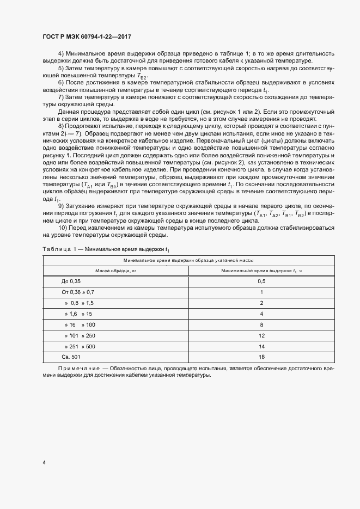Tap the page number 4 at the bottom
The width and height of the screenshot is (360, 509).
pyautogui.click(x=44, y=463)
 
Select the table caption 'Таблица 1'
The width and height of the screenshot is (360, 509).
pyautogui.click(x=57, y=249)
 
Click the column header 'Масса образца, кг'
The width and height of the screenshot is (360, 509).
pyautogui.click(x=116, y=270)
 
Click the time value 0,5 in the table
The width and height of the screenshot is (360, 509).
pyautogui.click(x=261, y=281)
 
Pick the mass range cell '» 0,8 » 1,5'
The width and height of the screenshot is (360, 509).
pyautogui.click(x=80, y=303)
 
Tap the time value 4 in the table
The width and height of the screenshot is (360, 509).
pyautogui.click(x=261, y=314)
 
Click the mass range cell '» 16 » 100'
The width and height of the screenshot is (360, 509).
pyautogui.click(x=80, y=324)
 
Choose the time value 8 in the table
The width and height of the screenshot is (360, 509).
pyautogui.click(x=261, y=324)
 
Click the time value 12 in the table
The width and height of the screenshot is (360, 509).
pyautogui.click(x=261, y=335)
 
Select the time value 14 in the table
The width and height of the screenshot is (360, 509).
pyautogui.click(x=261, y=346)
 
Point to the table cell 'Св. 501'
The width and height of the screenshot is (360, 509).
pyautogui.click(x=71, y=357)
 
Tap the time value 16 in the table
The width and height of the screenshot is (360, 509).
pyautogui.click(x=261, y=357)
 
